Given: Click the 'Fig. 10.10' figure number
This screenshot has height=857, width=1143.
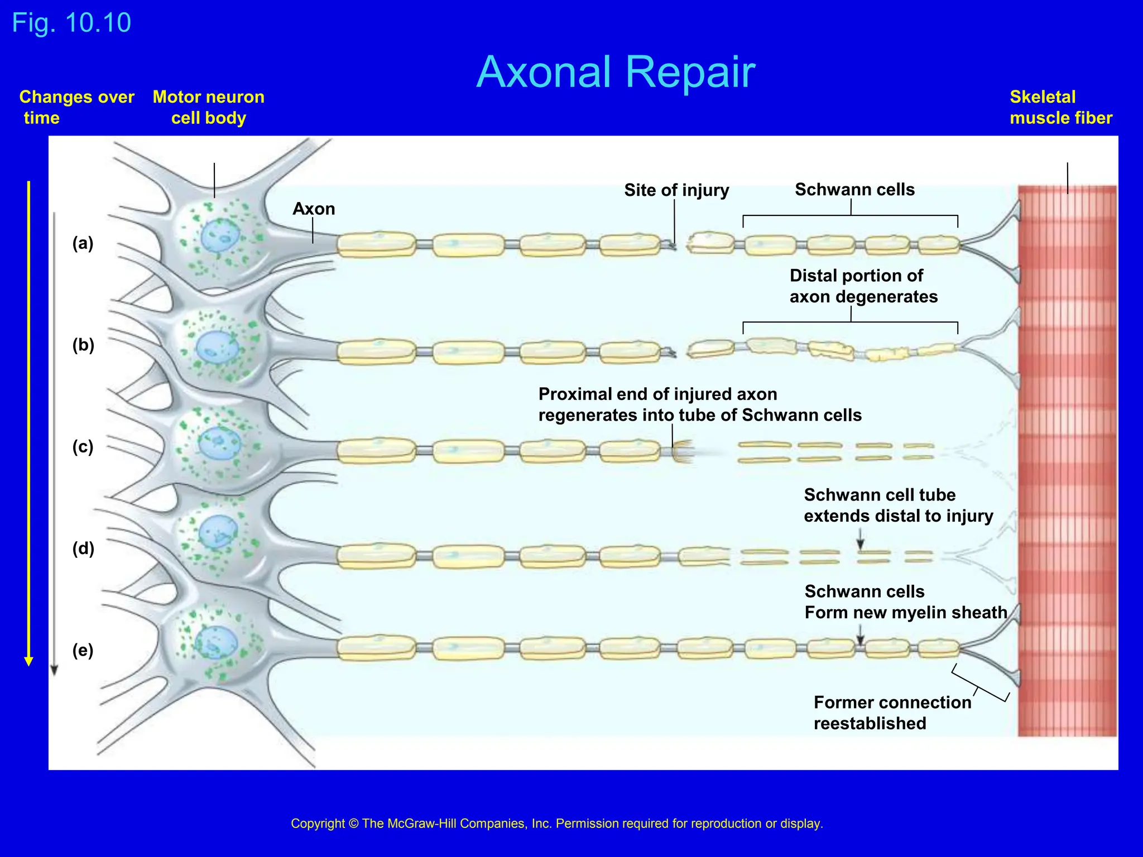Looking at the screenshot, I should click(71, 23).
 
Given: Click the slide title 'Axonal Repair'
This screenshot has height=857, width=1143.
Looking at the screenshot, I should click(616, 72).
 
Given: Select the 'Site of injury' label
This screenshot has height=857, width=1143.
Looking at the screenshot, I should click(676, 190).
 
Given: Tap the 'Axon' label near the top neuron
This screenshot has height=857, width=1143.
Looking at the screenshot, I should click(314, 209).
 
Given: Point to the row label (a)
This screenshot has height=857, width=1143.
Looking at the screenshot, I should click(83, 243).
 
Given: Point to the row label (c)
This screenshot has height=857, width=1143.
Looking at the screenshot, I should click(83, 447).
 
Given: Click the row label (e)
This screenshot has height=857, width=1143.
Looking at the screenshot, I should click(83, 651).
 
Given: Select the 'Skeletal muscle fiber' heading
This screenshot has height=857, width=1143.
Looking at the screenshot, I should click(1060, 107).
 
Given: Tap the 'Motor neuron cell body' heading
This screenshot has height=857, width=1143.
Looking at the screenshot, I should click(208, 107).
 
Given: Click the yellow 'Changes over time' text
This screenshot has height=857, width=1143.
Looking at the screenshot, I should click(76, 107).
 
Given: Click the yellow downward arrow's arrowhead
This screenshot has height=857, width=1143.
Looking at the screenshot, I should click(29, 661).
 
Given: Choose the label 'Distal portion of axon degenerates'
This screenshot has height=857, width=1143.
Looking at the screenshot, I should click(863, 286).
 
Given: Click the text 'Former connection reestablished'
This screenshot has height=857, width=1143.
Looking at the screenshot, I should click(892, 712).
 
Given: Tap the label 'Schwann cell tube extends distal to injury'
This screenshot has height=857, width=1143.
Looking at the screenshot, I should click(897, 505).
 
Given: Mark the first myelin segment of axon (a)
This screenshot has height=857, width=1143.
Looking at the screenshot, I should click(376, 244).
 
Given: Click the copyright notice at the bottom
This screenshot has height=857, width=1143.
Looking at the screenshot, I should click(556, 824).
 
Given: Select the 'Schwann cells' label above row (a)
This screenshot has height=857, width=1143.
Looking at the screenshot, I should click(854, 190).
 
